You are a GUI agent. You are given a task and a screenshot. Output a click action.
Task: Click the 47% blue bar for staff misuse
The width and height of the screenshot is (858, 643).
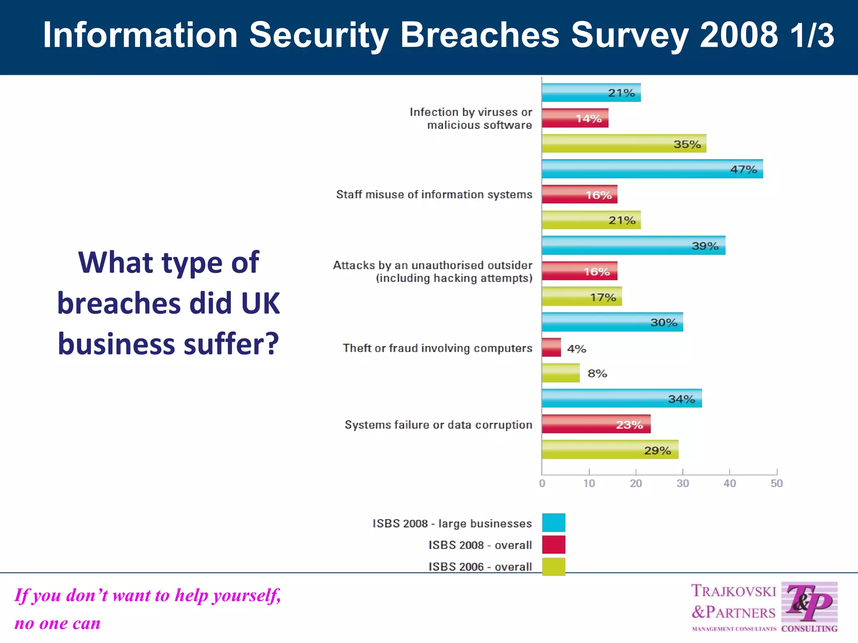652,169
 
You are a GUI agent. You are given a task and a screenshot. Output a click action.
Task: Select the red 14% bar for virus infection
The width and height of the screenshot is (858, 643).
575,118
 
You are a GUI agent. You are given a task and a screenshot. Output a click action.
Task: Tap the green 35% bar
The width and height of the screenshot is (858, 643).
624,144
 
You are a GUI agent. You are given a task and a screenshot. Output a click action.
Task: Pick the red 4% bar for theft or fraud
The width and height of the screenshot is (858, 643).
551,347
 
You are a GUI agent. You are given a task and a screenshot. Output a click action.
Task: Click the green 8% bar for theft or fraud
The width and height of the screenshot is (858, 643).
561,373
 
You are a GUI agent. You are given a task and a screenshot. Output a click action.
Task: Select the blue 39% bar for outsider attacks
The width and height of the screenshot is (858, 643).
633,246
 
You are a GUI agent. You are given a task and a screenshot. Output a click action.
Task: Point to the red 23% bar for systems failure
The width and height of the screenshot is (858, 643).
596,424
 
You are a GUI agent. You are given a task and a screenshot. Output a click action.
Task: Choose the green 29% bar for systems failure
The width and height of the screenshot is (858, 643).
610,450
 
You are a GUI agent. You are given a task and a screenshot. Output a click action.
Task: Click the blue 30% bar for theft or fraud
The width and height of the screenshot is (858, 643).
612,322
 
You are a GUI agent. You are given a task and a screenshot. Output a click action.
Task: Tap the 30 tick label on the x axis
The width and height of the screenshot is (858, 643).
682,484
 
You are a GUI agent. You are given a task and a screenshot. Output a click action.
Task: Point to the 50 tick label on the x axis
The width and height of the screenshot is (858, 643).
776,484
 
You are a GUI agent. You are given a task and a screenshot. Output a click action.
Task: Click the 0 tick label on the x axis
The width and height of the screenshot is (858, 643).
542,484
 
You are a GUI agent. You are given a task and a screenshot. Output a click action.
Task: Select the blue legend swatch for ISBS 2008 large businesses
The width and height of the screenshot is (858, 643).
553,522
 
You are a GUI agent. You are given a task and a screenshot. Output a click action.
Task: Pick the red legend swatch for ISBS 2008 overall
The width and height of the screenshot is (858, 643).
553,545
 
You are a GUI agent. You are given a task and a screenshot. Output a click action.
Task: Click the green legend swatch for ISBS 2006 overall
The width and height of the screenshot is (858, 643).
553,566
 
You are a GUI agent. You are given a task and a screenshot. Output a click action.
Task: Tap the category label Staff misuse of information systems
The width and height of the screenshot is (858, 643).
434,195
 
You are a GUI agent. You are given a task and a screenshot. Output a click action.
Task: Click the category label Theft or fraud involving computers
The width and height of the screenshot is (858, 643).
437,348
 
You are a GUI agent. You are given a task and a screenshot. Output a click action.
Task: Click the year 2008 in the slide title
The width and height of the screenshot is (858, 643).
739,35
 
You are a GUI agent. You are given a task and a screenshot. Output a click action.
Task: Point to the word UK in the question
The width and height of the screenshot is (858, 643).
261,303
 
